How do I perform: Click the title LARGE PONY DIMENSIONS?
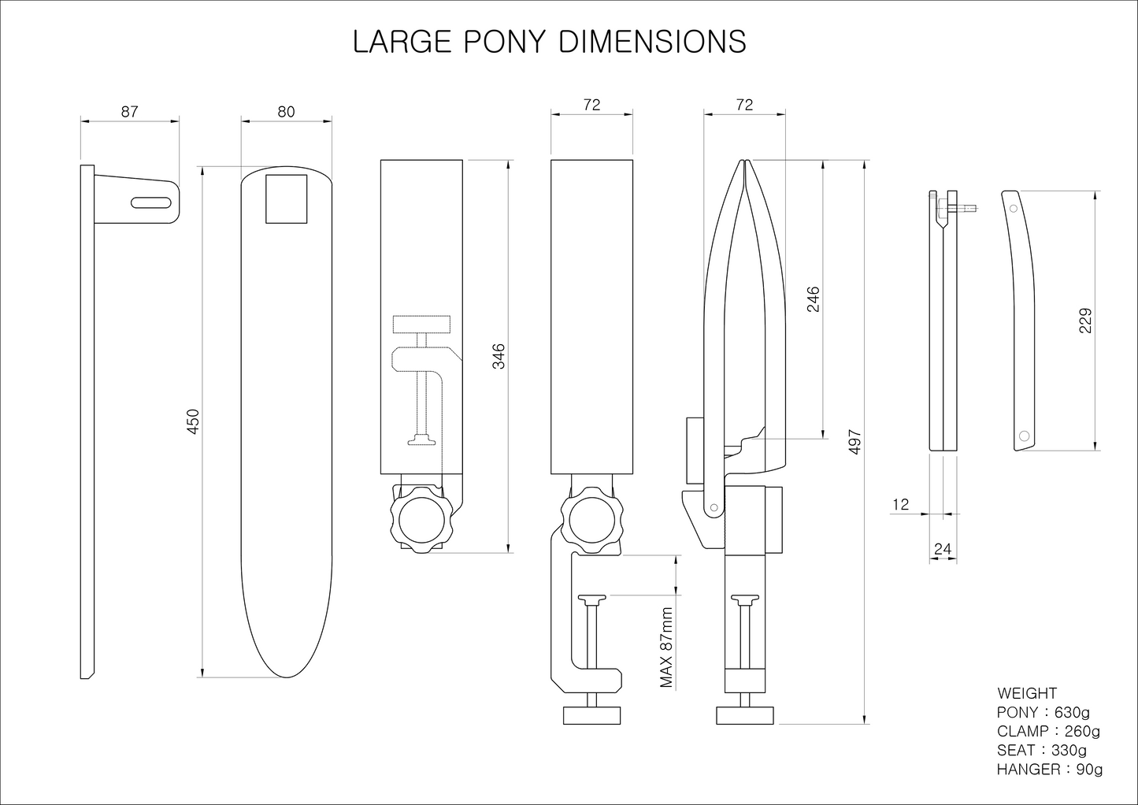[x=549, y=42]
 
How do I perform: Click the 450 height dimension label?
[x=194, y=422]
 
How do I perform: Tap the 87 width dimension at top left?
[x=129, y=111]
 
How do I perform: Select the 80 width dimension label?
[x=286, y=111]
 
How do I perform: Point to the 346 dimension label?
[x=499, y=356]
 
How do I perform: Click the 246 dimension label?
[x=814, y=299]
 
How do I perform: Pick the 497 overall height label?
[x=855, y=442]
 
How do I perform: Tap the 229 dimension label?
[x=1084, y=321]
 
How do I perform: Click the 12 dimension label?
[x=901, y=505]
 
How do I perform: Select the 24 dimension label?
[x=943, y=549]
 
